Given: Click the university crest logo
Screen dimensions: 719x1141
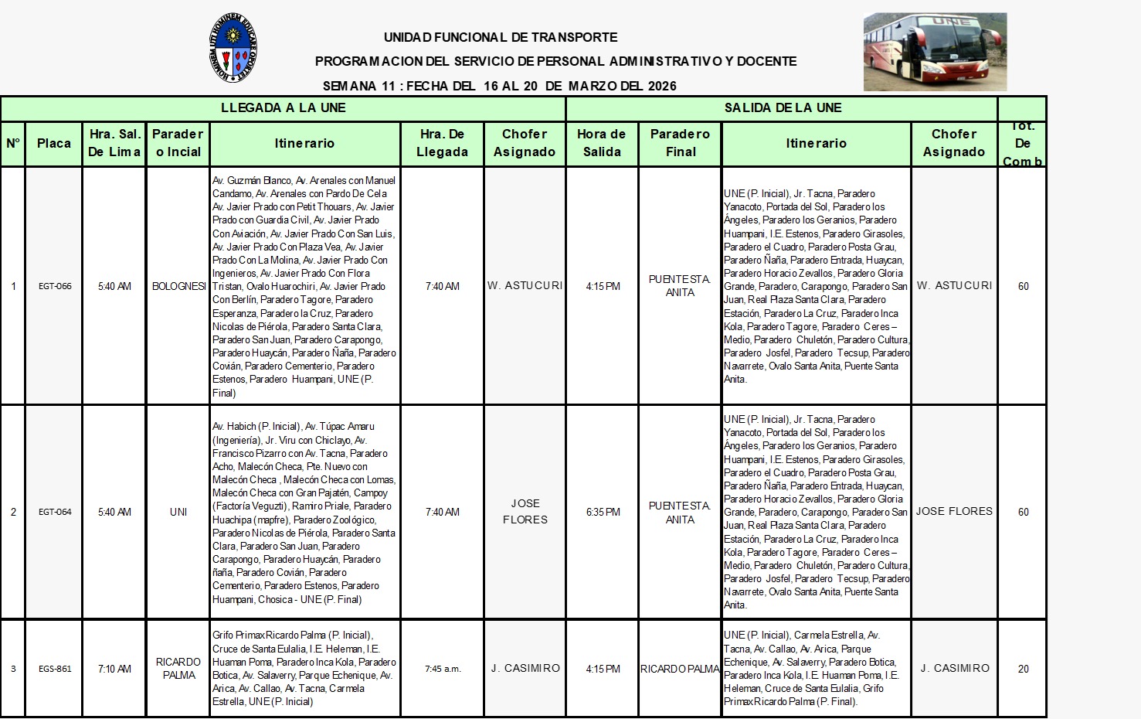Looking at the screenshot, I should [x=233, y=48].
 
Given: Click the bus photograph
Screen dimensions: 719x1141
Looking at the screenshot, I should [x=935, y=51].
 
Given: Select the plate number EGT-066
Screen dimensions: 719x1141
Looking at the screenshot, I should [x=55, y=286].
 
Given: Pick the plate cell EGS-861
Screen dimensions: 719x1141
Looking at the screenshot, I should [x=55, y=669].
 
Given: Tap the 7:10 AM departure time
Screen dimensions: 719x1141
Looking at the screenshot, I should [x=114, y=669].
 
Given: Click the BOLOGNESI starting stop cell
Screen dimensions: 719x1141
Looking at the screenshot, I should [x=178, y=286].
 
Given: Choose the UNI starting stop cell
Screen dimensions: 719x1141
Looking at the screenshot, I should [x=178, y=512].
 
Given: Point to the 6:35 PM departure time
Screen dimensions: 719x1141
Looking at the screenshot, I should [x=603, y=512].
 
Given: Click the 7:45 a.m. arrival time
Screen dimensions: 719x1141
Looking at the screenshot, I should [x=443, y=669].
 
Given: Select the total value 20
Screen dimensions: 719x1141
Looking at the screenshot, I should [x=1023, y=669].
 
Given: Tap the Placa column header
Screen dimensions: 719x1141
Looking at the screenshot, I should [x=54, y=143].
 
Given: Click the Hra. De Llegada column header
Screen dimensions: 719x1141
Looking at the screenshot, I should [x=443, y=143].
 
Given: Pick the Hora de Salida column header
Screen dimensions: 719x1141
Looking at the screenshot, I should [x=602, y=143].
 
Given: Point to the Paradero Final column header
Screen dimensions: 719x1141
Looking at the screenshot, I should [x=681, y=143].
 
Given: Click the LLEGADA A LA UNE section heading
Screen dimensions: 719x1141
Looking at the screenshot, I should [x=283, y=108].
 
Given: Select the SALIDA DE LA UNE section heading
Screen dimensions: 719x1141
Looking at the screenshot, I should [x=783, y=108].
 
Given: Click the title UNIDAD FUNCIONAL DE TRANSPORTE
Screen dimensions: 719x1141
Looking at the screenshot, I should [x=501, y=37].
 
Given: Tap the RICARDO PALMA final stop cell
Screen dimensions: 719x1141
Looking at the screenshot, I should [x=680, y=669].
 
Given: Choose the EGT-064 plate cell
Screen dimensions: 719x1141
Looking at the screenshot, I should [x=55, y=512].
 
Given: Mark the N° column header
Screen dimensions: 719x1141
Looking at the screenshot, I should [x=13, y=143].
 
